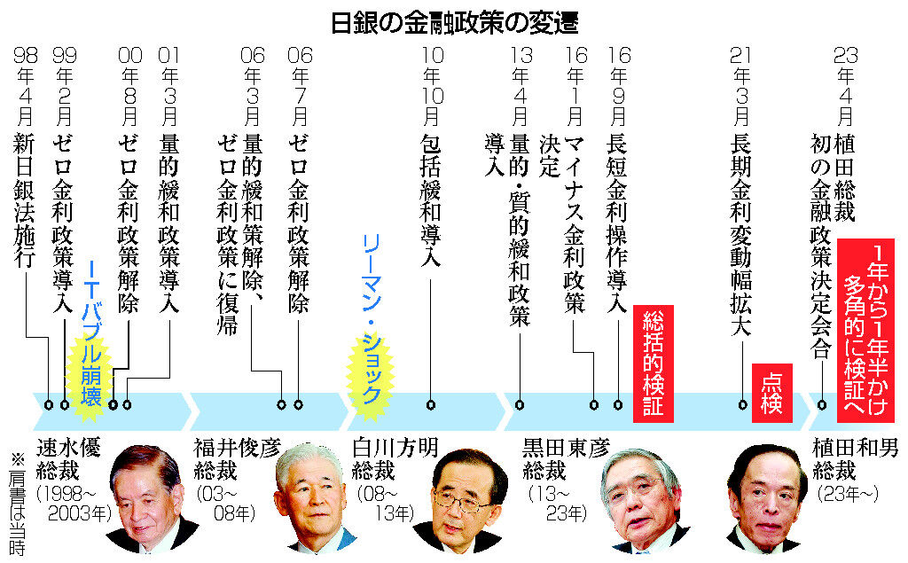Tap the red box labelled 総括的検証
click(x=654, y=364)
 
